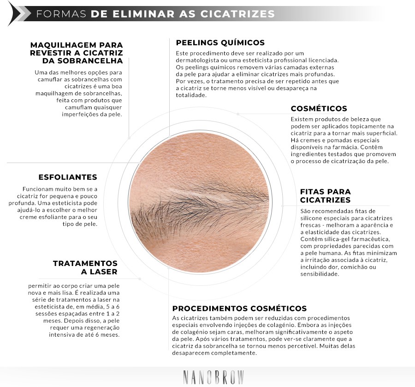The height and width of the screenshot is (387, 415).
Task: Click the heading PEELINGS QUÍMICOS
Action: click(220, 42)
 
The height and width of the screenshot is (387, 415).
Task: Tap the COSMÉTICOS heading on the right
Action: click(319, 109)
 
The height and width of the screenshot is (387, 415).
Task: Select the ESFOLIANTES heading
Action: click(68, 177)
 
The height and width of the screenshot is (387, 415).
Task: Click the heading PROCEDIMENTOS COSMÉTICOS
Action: click(239, 308)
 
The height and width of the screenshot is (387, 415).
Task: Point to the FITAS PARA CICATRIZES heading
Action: click(325, 195)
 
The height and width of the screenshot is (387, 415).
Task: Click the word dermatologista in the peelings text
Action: click(197, 60)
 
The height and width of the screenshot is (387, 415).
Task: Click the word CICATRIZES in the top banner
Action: click(237, 13)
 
